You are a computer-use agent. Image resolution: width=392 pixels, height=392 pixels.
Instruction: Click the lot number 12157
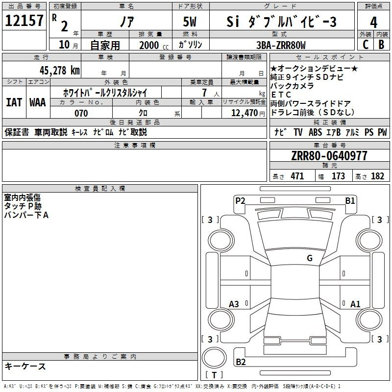point(24,20)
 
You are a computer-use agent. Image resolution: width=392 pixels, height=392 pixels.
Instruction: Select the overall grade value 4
point(373,22)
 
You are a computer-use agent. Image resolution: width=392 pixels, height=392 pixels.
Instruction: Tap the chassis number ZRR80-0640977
point(329,156)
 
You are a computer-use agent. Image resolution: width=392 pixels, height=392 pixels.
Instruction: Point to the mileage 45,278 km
point(60,71)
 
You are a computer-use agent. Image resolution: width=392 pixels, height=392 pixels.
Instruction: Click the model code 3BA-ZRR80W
point(281,45)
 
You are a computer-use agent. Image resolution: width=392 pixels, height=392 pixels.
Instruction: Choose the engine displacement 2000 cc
point(154,45)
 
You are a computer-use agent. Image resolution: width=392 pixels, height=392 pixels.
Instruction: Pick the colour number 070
point(81,113)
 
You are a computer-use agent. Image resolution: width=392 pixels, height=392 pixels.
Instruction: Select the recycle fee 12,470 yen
point(248,113)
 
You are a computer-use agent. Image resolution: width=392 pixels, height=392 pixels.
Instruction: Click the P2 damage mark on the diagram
point(240,200)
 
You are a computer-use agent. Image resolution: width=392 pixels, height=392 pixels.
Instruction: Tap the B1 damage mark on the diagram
point(350,200)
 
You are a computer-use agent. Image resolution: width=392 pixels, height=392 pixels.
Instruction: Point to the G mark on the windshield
point(310,258)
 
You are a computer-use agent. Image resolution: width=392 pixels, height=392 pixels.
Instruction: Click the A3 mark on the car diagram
point(234,304)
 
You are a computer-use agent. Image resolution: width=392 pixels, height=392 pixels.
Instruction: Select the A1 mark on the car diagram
point(355,304)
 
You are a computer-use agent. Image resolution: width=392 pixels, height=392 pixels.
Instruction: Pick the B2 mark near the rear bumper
point(241,362)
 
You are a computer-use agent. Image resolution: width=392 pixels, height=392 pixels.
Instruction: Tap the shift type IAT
point(14,102)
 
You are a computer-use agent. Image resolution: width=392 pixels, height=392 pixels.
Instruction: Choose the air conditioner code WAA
point(38,102)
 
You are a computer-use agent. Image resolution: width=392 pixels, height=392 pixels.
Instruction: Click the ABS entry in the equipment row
point(315,132)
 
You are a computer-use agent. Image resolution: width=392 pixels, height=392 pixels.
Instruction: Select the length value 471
point(297,176)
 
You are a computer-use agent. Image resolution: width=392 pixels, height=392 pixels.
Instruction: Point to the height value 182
point(377,176)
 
